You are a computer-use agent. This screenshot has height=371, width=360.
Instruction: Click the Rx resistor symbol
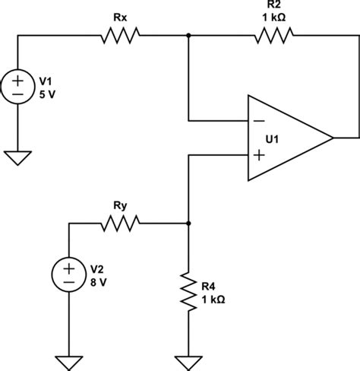(x=118, y=35)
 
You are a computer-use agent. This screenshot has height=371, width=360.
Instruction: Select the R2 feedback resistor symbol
(x=273, y=35)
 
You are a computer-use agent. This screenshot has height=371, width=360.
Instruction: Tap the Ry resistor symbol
(x=118, y=223)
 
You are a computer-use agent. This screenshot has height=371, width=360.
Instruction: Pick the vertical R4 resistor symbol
(x=188, y=291)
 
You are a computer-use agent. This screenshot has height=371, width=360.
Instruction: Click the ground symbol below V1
(x=17, y=157)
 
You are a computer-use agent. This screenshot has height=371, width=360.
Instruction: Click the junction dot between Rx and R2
(x=188, y=35)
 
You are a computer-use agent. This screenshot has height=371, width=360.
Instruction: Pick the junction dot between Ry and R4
(x=188, y=223)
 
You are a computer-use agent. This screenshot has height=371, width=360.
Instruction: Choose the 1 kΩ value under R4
(x=213, y=298)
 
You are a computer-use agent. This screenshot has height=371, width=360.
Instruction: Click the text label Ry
(x=118, y=206)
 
